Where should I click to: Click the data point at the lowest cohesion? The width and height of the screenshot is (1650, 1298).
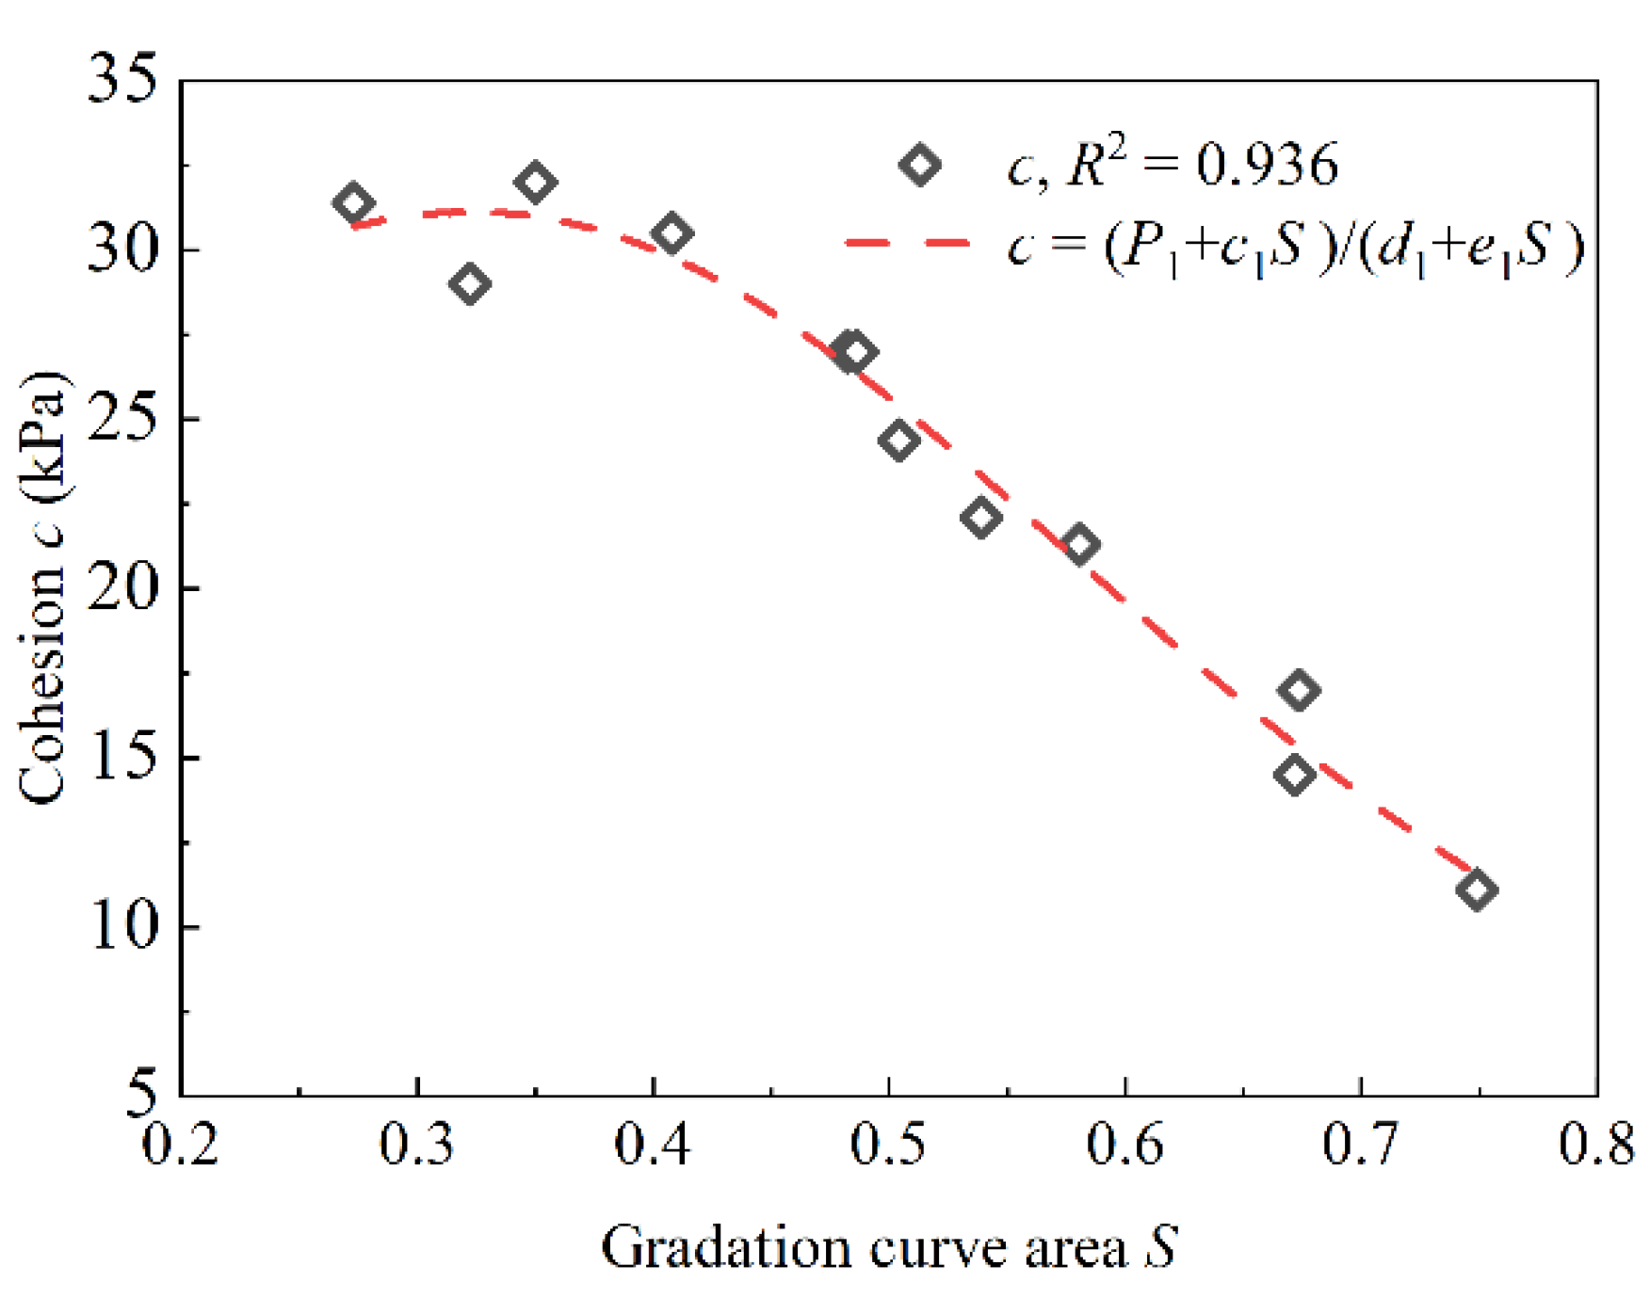click(1476, 889)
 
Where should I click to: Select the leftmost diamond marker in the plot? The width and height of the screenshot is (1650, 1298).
click(353, 202)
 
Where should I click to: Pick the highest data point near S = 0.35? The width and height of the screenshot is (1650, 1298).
click(536, 182)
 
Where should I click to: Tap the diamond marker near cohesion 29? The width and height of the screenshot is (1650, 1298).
click(470, 283)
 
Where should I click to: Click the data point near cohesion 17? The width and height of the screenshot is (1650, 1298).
click(1299, 690)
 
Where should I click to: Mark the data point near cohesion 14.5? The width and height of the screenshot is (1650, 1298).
click(1295, 775)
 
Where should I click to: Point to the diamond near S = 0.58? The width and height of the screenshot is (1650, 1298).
click(1079, 544)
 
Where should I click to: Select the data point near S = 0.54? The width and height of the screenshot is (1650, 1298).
click(980, 517)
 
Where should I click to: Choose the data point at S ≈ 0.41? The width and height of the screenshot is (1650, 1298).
click(671, 232)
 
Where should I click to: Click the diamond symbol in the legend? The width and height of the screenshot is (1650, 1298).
click(919, 165)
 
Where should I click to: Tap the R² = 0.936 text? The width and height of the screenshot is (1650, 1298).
click(1173, 166)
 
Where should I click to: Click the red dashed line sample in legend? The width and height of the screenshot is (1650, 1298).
click(907, 243)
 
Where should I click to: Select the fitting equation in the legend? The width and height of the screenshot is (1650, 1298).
click(1295, 248)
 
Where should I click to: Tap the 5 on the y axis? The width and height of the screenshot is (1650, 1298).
click(141, 1095)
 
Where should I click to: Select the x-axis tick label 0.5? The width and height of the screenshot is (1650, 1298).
click(888, 1145)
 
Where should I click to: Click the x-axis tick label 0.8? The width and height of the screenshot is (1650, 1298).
click(1594, 1145)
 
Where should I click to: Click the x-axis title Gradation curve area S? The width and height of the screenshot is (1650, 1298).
click(889, 1248)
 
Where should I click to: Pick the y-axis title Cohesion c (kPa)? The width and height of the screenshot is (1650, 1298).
click(42, 587)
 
